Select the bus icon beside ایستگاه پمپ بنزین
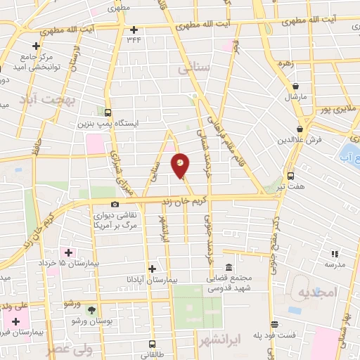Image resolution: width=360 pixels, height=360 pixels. tap(108, 112)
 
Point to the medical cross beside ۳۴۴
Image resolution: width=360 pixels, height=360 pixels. tap(134, 29)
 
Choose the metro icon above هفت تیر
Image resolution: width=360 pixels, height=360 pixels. tap(290, 176)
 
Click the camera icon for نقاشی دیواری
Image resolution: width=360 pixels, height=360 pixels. tap(115, 204)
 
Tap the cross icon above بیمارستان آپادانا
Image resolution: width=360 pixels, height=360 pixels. tap(152, 268)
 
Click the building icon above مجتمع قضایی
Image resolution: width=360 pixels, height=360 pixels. tap(229, 267)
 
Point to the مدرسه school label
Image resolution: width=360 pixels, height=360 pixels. tap(335, 264)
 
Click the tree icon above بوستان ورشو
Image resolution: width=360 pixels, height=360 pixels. tap(89, 309)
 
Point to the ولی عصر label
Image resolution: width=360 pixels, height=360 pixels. tap(70, 347)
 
